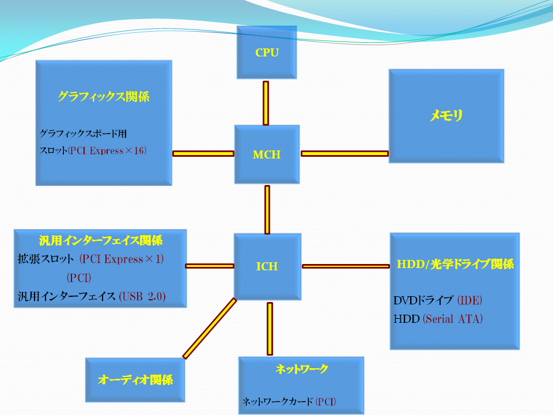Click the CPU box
point(267,52)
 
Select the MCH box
point(267,154)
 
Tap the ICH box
point(267,266)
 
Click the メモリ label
point(446,115)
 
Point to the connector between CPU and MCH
point(266,103)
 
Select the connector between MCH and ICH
point(267,210)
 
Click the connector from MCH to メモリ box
point(344,153)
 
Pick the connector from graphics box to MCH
point(203,153)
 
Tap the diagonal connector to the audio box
point(210,329)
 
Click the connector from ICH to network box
point(270,329)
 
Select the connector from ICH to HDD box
point(346,266)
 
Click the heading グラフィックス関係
point(103,96)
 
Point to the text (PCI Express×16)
point(107,150)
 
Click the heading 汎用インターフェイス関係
point(100,240)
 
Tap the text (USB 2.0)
point(142,296)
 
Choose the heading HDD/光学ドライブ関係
point(455,264)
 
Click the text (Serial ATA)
point(453,319)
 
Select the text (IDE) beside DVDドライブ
point(470,300)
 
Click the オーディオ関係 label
point(135,380)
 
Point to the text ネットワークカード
point(278,401)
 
